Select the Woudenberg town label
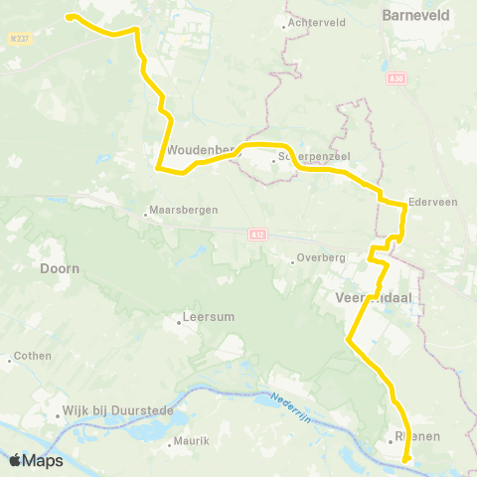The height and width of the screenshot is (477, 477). (200, 150)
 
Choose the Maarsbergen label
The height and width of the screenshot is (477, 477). (180, 211)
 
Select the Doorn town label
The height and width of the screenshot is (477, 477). (59, 268)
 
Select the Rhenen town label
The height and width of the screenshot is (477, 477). (417, 436)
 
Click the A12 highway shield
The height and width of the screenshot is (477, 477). (258, 235)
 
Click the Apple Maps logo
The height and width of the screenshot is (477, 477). (36, 460)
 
